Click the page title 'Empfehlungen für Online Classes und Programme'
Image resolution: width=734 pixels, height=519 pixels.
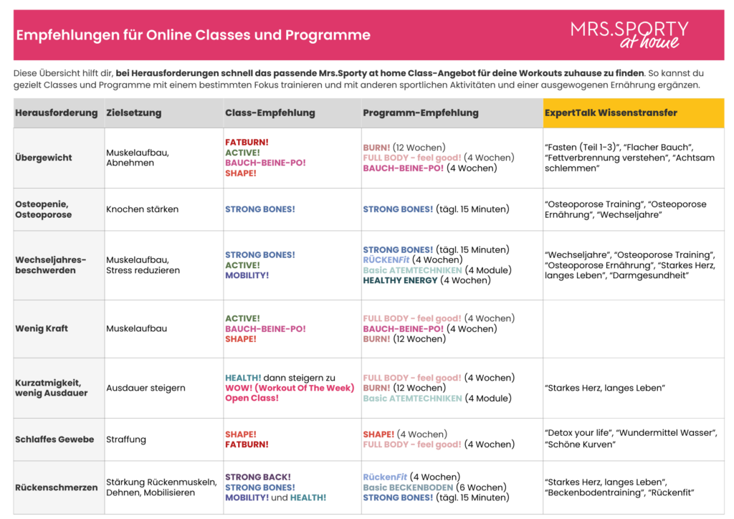tap(193, 35)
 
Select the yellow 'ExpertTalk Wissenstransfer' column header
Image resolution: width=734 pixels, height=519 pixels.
tap(611, 113)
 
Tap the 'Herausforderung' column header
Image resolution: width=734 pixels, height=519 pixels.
tap(56, 113)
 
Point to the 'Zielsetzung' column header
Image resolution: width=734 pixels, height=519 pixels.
tap(133, 113)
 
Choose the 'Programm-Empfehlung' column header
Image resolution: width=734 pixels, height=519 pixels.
tap(420, 113)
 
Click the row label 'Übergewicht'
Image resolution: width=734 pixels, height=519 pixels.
tap(44, 158)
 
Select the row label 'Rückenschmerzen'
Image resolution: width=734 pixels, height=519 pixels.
tap(56, 487)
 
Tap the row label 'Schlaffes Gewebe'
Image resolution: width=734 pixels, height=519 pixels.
tap(54, 439)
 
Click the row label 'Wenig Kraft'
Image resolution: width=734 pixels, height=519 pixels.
tap(42, 328)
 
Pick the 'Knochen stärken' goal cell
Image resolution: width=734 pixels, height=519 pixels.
tap(142, 209)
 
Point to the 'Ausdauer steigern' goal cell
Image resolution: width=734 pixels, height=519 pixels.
tap(146, 388)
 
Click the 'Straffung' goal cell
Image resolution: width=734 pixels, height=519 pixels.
tap(126, 439)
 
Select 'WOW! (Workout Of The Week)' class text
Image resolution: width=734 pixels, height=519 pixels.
tap(290, 388)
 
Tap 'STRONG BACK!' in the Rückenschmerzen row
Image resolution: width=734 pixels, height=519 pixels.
tap(258, 477)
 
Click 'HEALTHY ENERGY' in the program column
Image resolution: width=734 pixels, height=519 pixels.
tap(400, 280)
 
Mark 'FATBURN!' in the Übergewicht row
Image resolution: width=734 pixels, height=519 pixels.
tap(247, 142)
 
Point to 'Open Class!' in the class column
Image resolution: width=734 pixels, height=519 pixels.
tap(252, 398)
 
